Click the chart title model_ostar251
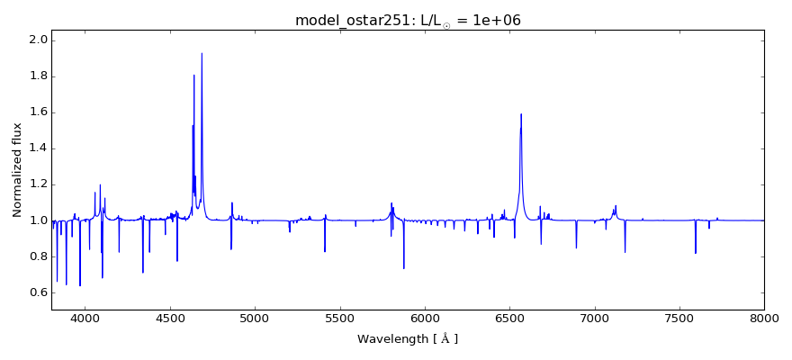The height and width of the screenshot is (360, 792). point(408,21)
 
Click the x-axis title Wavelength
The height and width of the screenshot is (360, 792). point(408,339)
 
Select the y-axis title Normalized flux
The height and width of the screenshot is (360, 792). point(17,170)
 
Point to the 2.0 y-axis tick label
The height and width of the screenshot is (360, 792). point(39,40)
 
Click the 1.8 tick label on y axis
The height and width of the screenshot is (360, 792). point(39,76)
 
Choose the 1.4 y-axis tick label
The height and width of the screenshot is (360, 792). point(39,148)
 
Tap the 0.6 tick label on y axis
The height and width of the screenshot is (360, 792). point(39,292)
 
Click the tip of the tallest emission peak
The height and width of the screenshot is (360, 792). point(202,53)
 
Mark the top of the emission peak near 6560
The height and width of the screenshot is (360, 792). point(521,114)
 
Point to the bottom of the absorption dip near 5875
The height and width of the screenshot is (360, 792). point(404,268)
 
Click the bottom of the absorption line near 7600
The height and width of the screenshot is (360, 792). point(696,253)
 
